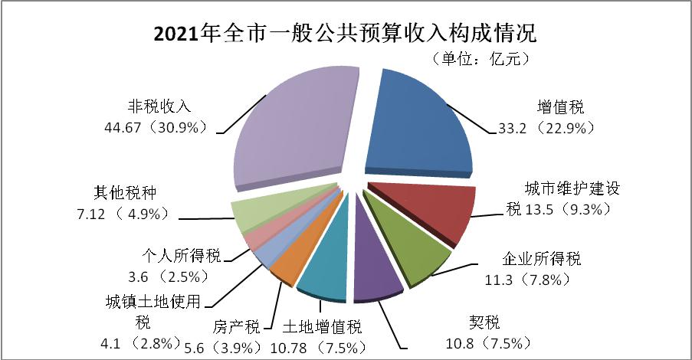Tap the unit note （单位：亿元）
[x=473, y=59]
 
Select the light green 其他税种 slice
[x=249, y=214]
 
